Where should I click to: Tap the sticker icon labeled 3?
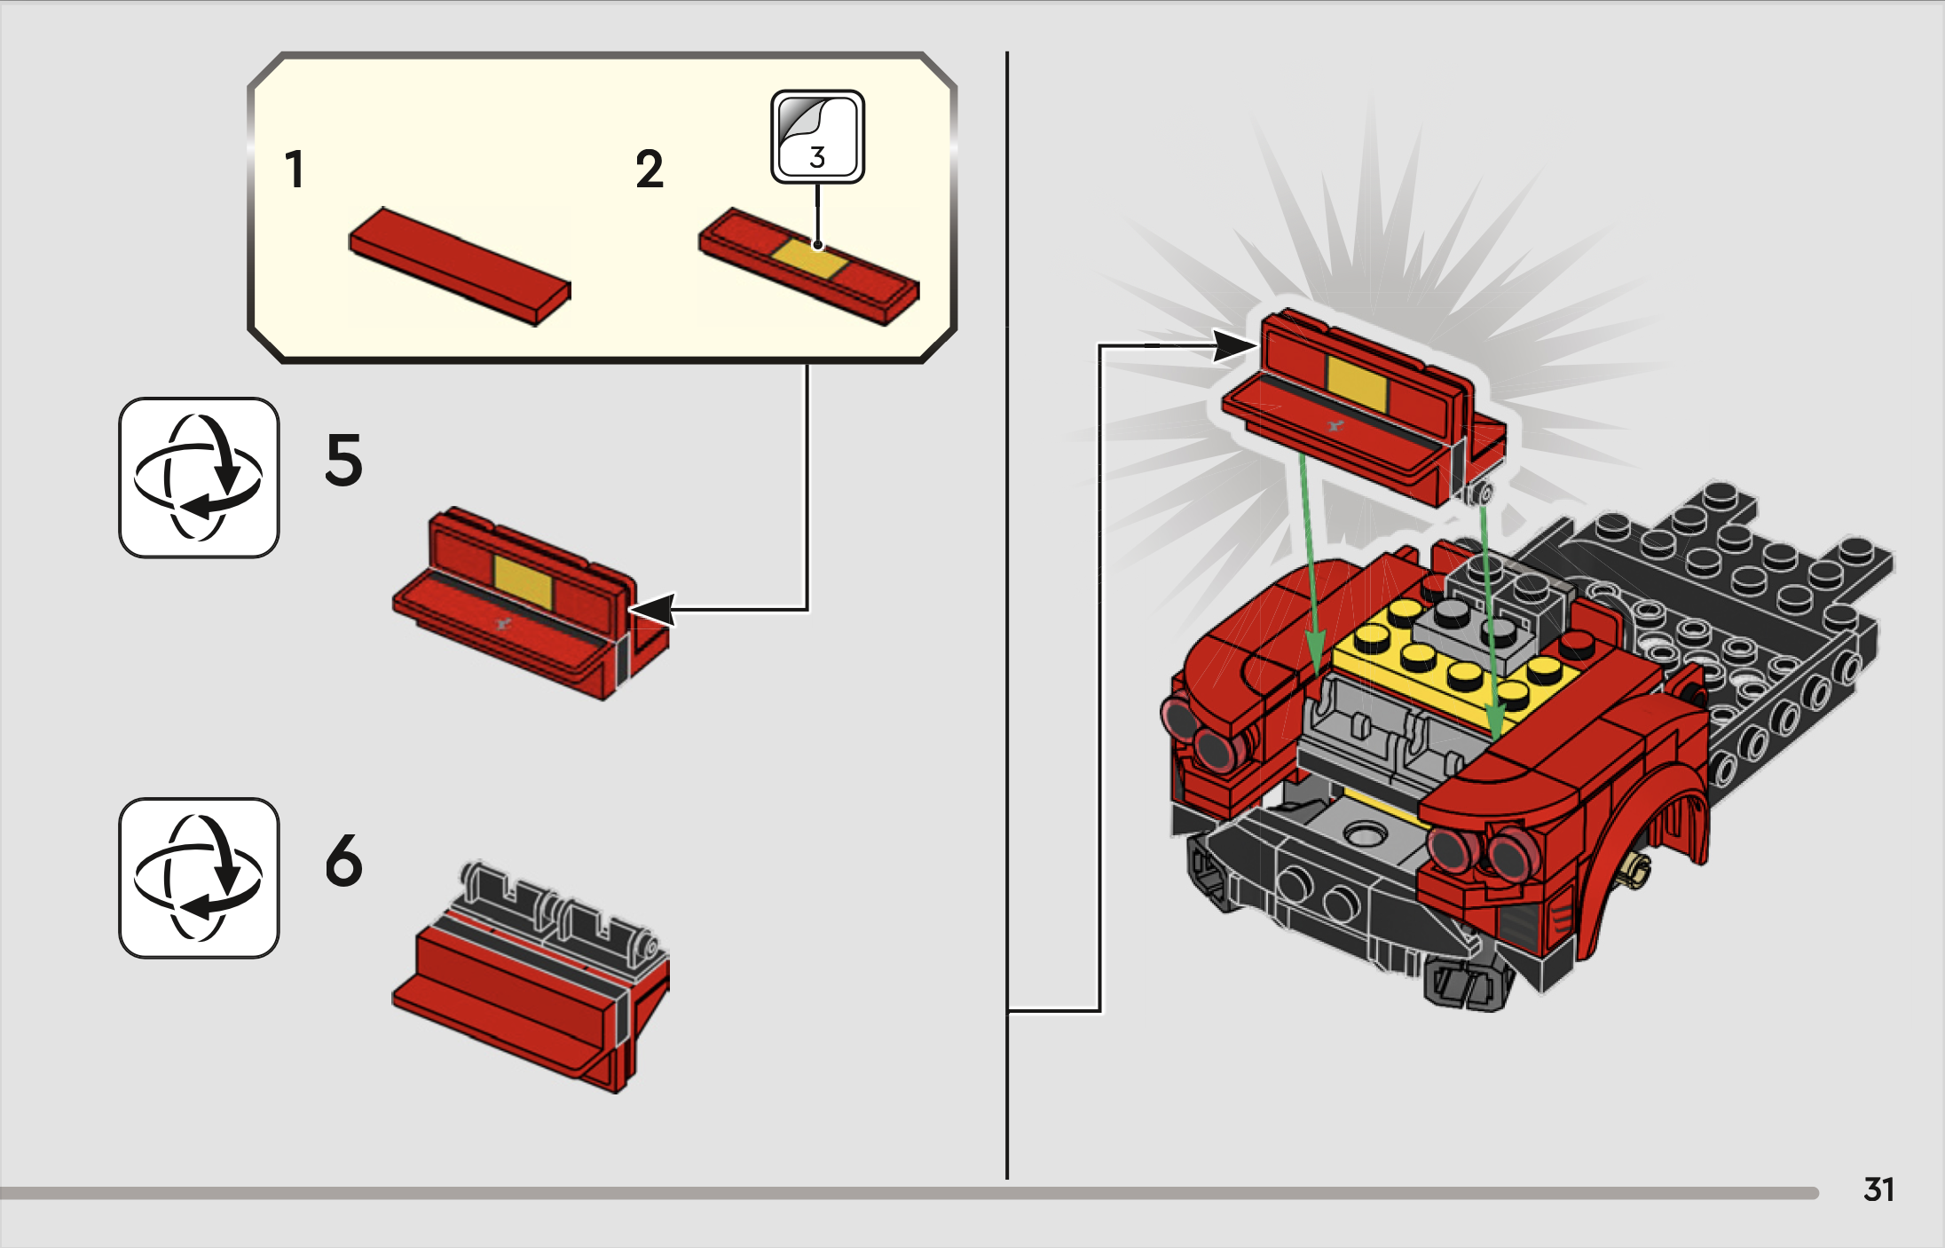point(817,138)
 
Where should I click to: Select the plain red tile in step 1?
point(460,266)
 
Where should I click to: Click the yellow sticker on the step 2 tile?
point(808,258)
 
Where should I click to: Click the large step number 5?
point(344,460)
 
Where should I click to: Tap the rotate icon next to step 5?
point(199,478)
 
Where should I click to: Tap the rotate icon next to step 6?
point(199,878)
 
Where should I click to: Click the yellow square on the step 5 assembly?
point(523,582)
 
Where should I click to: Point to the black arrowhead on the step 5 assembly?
point(651,610)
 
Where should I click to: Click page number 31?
point(1878,1189)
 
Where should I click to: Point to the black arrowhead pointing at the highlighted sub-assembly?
point(1235,345)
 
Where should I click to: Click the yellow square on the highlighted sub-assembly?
point(1357,383)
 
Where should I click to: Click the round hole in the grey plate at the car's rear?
point(1365,834)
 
